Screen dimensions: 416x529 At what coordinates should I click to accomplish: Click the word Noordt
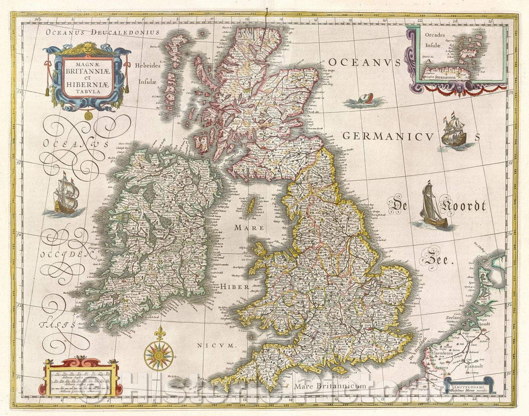[x=462, y=206]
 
